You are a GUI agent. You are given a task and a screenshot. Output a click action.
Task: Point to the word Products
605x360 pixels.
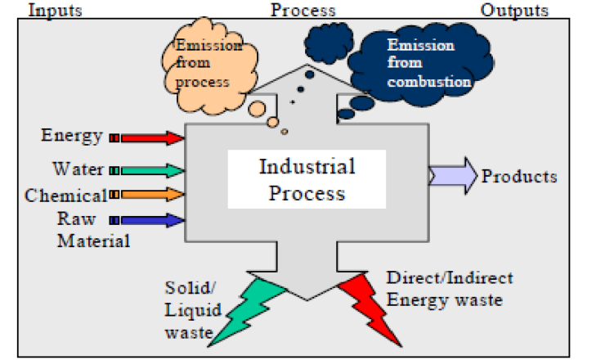[519, 177]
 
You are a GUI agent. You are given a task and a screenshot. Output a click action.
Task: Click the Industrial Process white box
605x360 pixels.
[307, 180]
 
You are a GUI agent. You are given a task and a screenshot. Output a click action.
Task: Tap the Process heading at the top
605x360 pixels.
[302, 10]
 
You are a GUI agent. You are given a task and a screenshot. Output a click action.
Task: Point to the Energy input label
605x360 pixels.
[72, 136]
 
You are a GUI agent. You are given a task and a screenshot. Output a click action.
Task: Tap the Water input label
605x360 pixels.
[78, 169]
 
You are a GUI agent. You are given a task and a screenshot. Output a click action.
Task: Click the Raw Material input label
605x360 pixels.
[92, 230]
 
